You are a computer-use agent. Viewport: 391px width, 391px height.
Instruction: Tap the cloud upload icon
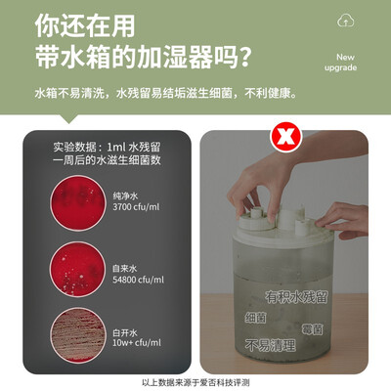tap(344, 21)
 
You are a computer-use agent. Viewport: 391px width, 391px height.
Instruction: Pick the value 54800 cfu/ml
tap(139, 279)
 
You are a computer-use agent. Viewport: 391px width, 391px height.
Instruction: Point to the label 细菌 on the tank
tap(255, 318)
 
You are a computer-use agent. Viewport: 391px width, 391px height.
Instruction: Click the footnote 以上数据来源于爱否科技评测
tap(195, 382)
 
